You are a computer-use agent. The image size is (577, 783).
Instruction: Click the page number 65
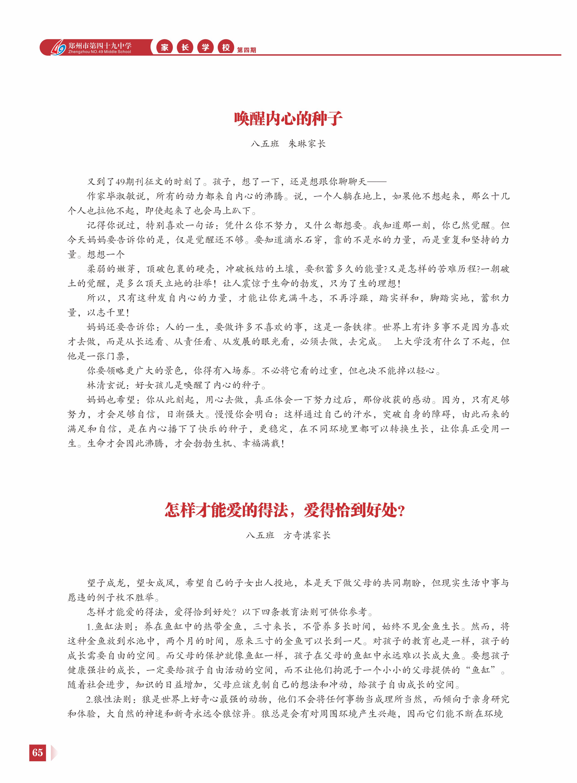(38, 752)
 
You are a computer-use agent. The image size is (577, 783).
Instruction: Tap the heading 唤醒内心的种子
(288, 119)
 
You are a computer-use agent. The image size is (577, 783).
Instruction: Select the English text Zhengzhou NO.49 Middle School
(100, 52)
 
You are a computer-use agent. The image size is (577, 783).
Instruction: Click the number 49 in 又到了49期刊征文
(120, 182)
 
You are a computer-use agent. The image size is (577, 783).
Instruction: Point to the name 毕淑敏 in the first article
(121, 196)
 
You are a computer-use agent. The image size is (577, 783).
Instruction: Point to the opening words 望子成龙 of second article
(106, 583)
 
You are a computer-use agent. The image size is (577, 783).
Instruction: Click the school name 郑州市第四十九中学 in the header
(100, 45)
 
